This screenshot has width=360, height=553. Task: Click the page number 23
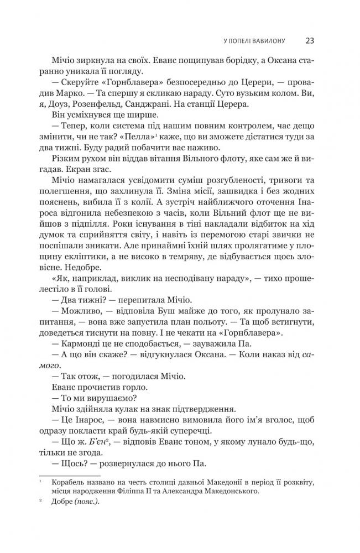coord(310,40)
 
